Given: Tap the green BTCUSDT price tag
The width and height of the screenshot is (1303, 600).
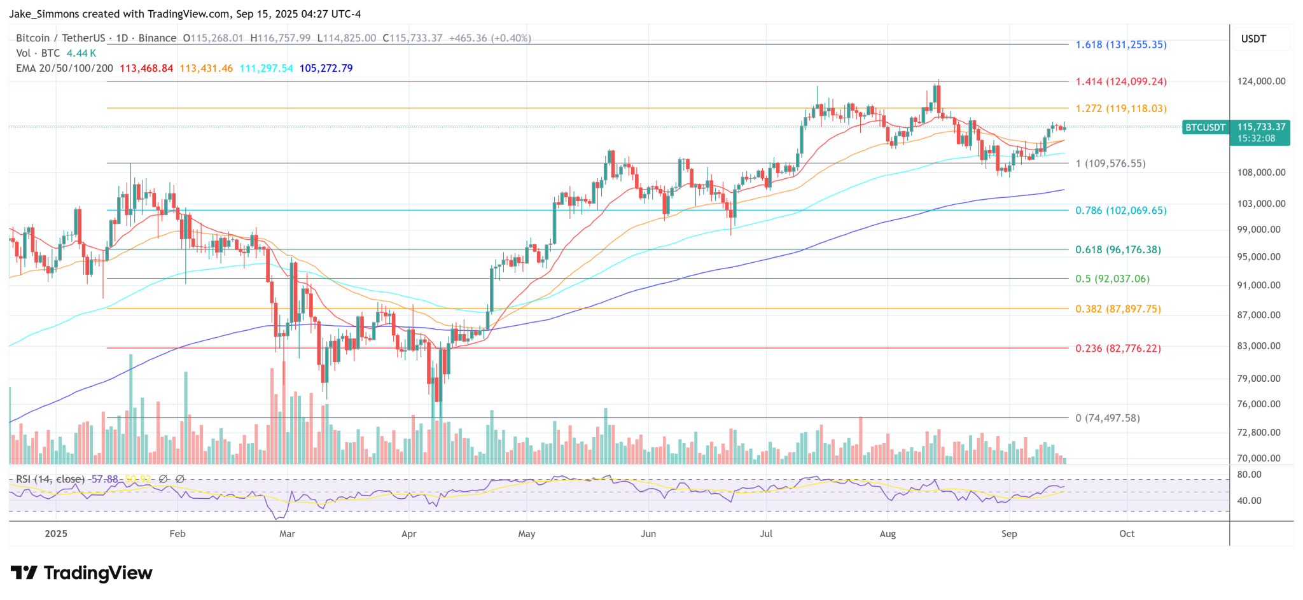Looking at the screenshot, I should point(1205,127).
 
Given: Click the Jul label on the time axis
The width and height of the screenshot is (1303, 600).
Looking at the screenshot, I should point(766,534).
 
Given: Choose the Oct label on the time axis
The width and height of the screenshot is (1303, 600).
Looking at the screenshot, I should point(1127,534).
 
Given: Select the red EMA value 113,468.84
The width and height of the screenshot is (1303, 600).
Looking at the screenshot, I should point(146,68).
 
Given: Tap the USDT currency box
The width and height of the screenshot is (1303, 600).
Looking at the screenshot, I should point(1253,39).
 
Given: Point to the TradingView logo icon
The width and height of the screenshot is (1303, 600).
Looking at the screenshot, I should point(24,573).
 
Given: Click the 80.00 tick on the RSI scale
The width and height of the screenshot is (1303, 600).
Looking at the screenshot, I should point(1249,475).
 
